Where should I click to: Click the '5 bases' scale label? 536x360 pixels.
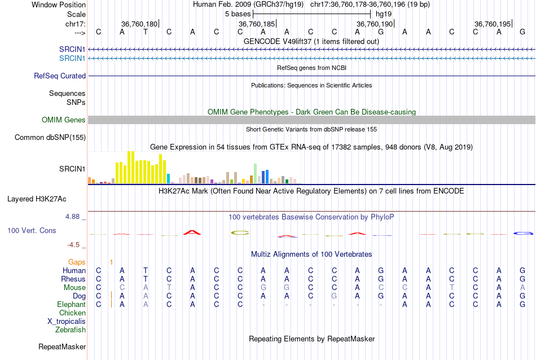point(238,14)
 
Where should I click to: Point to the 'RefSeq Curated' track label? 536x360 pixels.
point(60,76)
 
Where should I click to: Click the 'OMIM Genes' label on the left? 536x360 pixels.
point(64,120)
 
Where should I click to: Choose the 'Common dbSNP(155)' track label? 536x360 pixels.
point(50,137)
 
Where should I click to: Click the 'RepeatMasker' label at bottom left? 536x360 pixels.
point(62,346)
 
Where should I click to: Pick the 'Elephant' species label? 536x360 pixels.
point(71,304)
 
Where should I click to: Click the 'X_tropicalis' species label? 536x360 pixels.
point(67,321)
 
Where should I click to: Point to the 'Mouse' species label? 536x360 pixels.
point(74,287)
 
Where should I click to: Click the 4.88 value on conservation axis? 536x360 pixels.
point(74,216)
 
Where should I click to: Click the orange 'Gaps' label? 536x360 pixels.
point(77,262)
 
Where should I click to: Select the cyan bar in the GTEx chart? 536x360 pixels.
point(169,178)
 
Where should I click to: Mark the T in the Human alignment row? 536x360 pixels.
point(145,270)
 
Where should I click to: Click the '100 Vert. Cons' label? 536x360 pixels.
point(32,230)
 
